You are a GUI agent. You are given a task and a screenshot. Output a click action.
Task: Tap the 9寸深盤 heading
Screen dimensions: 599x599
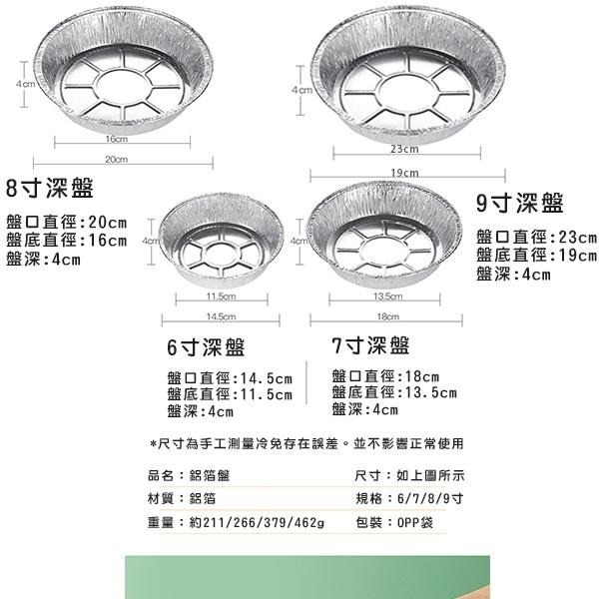point(519,204)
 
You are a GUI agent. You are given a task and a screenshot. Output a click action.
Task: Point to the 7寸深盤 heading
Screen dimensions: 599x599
point(369,345)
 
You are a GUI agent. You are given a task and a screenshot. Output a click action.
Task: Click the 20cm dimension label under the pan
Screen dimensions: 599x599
point(116,160)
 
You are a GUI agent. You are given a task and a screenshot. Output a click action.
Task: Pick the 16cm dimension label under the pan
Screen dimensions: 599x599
point(115,139)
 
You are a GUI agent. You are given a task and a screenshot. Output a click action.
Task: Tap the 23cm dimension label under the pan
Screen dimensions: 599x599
point(403,150)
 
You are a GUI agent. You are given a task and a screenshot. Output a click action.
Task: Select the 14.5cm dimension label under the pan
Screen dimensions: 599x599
point(221,317)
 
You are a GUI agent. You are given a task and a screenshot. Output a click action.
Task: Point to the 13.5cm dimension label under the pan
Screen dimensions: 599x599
point(386,297)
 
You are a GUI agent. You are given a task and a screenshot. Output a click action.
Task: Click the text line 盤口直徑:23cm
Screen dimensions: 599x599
point(536,238)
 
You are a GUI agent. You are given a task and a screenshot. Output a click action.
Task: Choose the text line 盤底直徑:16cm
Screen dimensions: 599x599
point(67,240)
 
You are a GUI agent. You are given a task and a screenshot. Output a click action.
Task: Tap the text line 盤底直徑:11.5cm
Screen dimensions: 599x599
point(230,394)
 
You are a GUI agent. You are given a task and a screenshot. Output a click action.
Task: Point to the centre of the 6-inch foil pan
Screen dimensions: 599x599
point(221,248)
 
